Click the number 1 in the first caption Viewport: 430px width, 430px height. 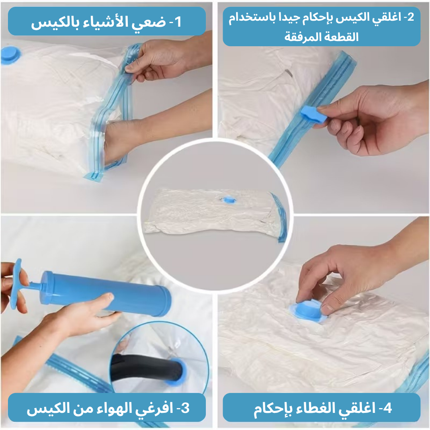(x=178, y=21)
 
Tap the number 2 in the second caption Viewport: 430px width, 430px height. (x=410, y=17)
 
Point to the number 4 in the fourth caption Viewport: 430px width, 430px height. (x=387, y=408)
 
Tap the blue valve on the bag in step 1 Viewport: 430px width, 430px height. (x=10, y=55)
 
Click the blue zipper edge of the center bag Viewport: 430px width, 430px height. (x=279, y=217)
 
